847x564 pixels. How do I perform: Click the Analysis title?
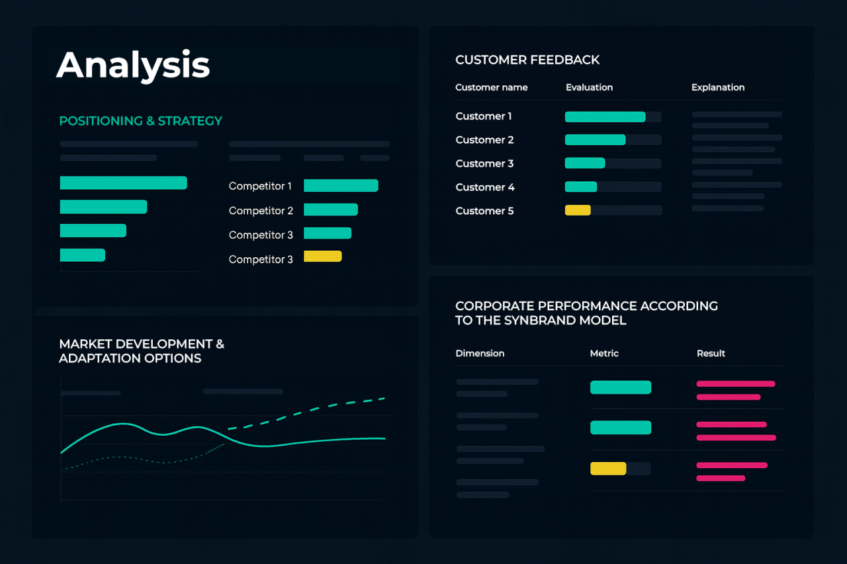tap(133, 65)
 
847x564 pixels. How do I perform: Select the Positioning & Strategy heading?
tap(140, 121)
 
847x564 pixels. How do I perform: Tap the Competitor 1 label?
tap(260, 186)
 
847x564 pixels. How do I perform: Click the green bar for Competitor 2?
tap(330, 210)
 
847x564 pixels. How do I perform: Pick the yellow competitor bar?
tap(322, 257)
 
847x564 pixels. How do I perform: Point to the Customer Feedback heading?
tap(527, 60)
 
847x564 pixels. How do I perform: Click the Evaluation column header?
tap(589, 87)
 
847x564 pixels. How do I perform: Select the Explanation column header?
tap(717, 87)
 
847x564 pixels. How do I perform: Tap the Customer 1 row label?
tap(483, 116)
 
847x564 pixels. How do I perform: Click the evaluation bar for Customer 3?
tap(584, 163)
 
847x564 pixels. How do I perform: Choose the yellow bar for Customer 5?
tap(577, 210)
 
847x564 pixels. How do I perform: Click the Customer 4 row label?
tap(484, 187)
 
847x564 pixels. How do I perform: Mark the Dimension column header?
tap(480, 354)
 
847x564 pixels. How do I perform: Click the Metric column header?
tap(604, 354)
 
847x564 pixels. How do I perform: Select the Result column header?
tap(711, 354)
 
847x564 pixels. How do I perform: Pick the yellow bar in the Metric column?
tap(607, 468)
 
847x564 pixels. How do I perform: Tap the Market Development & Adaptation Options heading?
tap(142, 351)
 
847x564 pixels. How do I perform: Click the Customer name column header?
tap(491, 87)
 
